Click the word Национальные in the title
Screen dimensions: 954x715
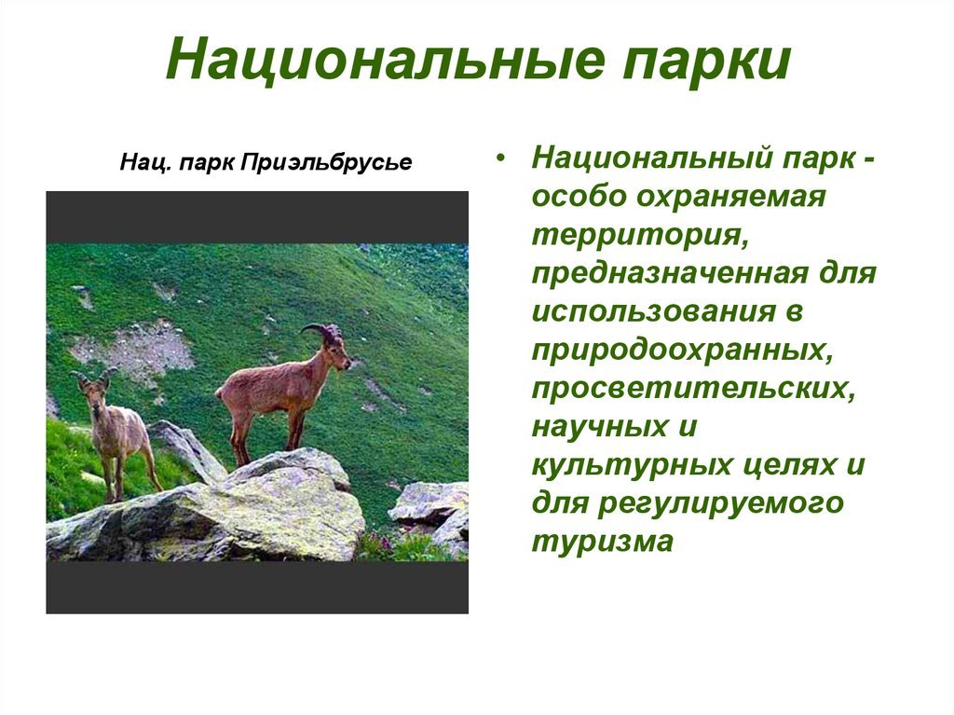(x=386, y=59)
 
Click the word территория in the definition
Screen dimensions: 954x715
(x=640, y=236)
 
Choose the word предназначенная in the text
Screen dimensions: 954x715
(x=671, y=273)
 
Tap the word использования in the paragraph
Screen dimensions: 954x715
(x=654, y=310)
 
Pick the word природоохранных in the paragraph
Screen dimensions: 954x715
(x=682, y=351)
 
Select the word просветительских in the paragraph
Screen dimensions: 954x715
(x=693, y=389)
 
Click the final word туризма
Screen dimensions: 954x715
(x=603, y=542)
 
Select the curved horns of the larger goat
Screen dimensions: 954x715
(x=321, y=332)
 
